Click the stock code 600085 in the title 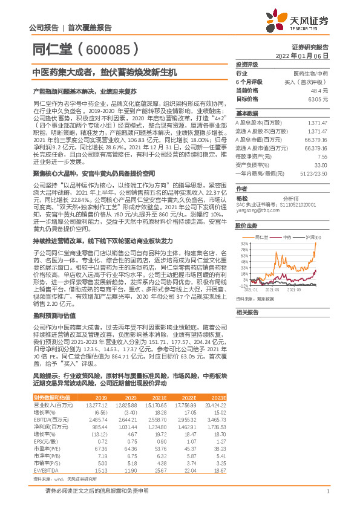[109, 48]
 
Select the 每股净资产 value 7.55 [322, 156]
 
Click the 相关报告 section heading [247, 312]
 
